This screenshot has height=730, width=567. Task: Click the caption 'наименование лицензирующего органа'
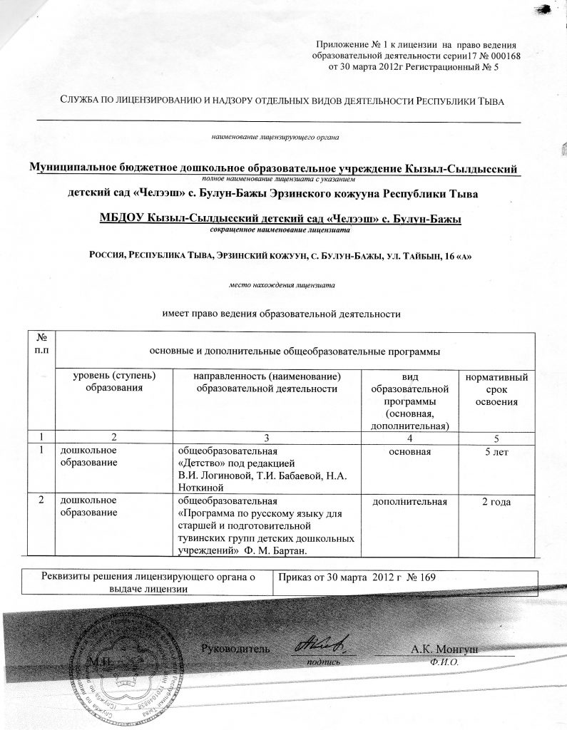coord(274,135)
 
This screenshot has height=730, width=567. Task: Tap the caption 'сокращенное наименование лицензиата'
coord(283,230)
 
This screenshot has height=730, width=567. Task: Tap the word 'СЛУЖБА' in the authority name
coord(81,101)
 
